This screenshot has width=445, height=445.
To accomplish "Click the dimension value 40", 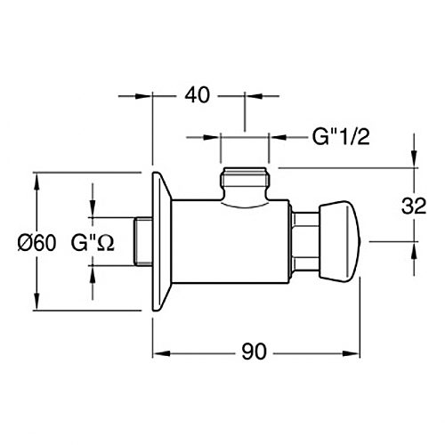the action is point(197,95).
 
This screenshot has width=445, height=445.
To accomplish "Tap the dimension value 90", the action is point(254,352).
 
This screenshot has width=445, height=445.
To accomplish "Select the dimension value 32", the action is point(414,206).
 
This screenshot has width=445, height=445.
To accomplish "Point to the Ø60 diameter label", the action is point(36,243).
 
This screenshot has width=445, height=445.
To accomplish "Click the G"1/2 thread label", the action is point(341,137).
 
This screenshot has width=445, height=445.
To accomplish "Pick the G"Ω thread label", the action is point(93,243).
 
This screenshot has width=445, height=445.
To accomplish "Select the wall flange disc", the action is point(162,241).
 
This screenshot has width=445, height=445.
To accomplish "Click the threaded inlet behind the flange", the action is point(143,241).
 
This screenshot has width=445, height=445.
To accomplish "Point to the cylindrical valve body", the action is point(231,242).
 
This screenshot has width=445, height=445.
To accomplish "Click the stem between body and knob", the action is point(305,242).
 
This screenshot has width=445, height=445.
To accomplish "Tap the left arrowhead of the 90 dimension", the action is point(162,353).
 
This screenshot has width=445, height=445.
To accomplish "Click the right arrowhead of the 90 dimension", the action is point(351,353).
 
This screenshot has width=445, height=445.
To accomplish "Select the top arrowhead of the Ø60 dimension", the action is point(36,182).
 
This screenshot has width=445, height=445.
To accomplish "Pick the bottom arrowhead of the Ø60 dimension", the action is point(36,302).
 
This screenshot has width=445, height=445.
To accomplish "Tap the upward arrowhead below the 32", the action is point(415,251).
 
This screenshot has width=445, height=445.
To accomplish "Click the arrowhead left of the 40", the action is point(143,96).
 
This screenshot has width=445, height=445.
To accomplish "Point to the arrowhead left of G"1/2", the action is point(211,137).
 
